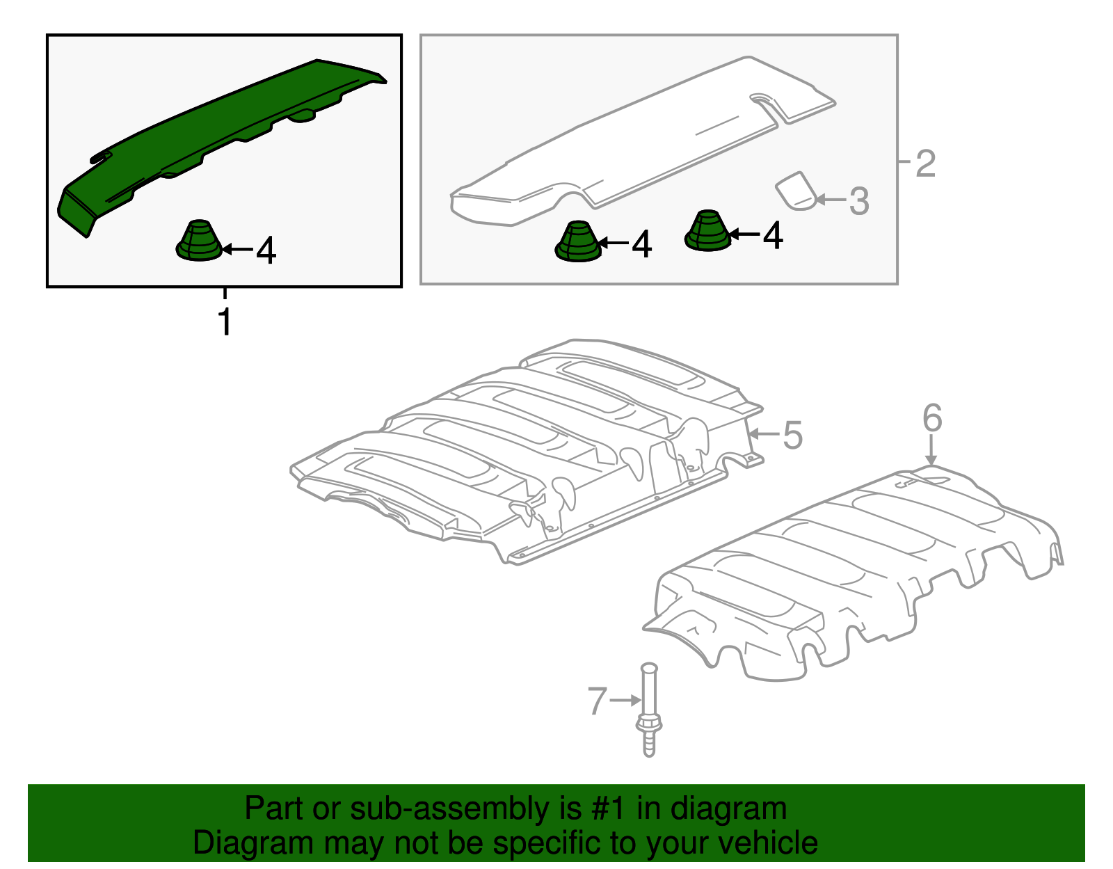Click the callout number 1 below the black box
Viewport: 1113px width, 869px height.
(225, 321)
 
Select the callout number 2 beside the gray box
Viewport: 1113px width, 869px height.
(926, 164)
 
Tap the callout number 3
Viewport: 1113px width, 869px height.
(859, 201)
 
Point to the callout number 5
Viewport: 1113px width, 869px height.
(792, 436)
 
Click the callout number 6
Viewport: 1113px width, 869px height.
(932, 417)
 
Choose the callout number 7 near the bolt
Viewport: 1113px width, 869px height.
(598, 701)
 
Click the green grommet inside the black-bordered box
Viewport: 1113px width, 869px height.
(199, 241)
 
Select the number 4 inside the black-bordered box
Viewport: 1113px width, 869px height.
(266, 250)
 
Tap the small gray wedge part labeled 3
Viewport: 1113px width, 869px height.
(796, 191)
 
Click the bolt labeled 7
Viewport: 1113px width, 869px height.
(648, 710)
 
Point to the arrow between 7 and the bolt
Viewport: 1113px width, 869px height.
(625, 700)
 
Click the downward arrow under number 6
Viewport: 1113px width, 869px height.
(931, 449)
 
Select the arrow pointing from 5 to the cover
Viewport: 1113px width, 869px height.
(764, 434)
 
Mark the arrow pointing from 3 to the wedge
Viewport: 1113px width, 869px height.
(831, 199)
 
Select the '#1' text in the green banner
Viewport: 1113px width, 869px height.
(609, 808)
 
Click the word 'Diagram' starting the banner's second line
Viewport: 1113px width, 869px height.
(253, 843)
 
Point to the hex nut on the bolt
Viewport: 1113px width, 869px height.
(648, 724)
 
